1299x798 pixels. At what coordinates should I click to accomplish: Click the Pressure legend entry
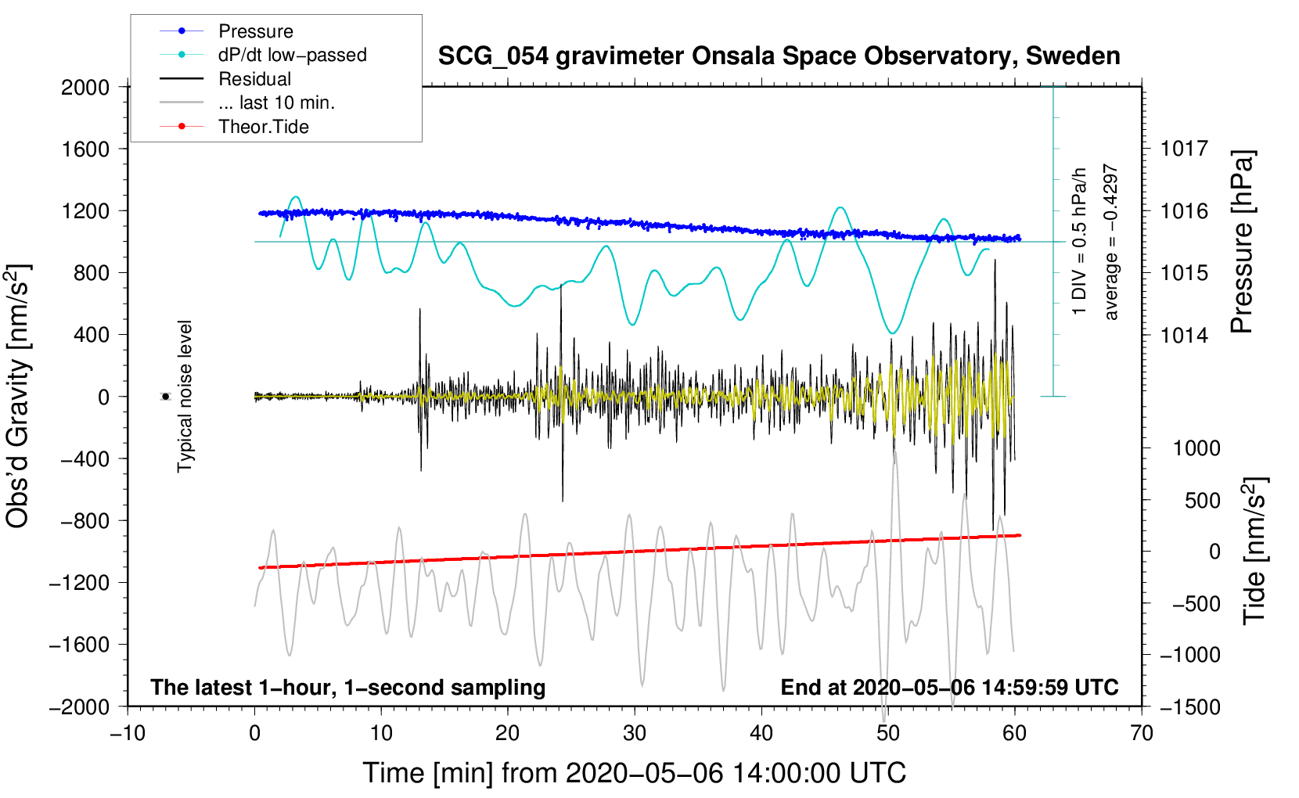[255, 31]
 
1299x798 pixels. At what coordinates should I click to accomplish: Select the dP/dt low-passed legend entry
[292, 55]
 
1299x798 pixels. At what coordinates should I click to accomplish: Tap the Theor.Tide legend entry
[263, 127]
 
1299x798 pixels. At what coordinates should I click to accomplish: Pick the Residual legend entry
[254, 79]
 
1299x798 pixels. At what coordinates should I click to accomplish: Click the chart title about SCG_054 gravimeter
[779, 56]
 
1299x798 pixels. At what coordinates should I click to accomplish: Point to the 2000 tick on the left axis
[85, 87]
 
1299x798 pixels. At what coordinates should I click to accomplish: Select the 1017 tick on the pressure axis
[1184, 149]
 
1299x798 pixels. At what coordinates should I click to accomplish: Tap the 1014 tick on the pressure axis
[1184, 335]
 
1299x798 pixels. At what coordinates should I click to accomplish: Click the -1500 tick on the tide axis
[1189, 706]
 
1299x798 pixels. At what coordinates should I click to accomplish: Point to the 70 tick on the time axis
[1142, 733]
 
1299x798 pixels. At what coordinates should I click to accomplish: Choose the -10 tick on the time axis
[128, 733]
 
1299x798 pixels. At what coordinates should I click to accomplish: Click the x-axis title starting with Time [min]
[634, 773]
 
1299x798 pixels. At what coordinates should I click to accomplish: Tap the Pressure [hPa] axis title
[1243, 242]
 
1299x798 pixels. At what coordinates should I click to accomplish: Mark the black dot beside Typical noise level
[165, 397]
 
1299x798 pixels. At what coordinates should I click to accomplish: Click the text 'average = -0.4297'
[1111, 242]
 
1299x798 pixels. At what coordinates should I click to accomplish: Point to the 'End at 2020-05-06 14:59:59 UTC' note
[949, 687]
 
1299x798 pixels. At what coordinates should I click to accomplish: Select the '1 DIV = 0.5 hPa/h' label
[1080, 240]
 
